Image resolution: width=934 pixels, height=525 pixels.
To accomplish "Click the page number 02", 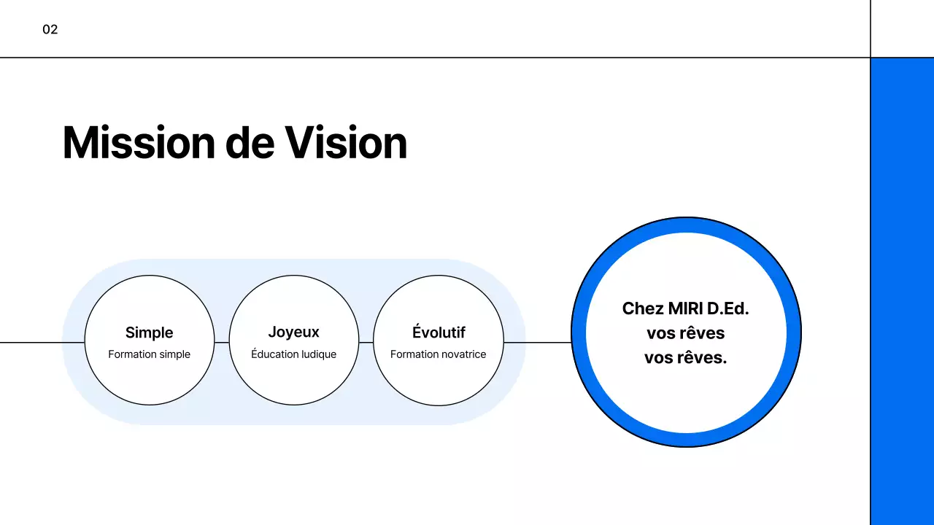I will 50,30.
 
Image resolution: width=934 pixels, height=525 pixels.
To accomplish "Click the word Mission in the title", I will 138,143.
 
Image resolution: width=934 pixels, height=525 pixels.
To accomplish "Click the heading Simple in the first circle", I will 149,332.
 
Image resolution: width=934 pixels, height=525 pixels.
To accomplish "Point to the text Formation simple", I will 149,354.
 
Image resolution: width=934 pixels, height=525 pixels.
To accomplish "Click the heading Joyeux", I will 293,332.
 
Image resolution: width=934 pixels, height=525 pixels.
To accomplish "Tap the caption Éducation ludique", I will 293,354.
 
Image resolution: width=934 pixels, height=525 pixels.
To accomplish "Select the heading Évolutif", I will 438,332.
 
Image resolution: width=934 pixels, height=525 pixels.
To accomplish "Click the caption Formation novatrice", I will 438,354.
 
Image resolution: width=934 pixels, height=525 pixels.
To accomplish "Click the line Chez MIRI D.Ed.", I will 685,308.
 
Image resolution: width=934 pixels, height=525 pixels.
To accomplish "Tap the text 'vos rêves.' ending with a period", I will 685,358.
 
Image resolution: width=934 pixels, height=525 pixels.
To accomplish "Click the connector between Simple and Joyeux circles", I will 222,342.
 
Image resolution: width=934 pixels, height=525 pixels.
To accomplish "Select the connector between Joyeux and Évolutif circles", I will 366,342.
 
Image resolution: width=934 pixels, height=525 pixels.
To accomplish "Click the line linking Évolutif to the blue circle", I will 537,342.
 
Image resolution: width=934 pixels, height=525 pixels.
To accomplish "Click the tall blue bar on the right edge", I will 902,292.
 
